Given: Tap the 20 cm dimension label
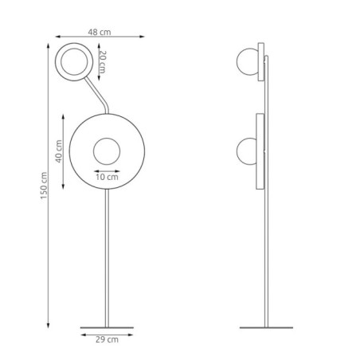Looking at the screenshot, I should click(102, 62).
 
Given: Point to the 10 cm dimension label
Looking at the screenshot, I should click(106, 177).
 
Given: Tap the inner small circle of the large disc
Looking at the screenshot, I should click(106, 150).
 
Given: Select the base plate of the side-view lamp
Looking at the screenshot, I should click(267, 327).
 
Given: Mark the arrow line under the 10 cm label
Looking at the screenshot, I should click(106, 170).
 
